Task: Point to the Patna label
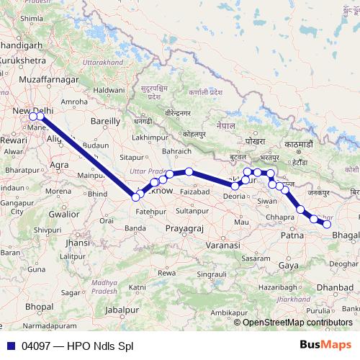coord(291,235)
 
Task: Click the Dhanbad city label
coord(335,287)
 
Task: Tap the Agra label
coord(60,165)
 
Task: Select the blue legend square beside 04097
coord(11,346)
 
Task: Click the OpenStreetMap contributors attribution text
coord(298,322)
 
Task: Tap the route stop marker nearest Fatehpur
coord(136,197)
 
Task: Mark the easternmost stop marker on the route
coord(327,225)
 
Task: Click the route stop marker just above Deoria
coord(235,186)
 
